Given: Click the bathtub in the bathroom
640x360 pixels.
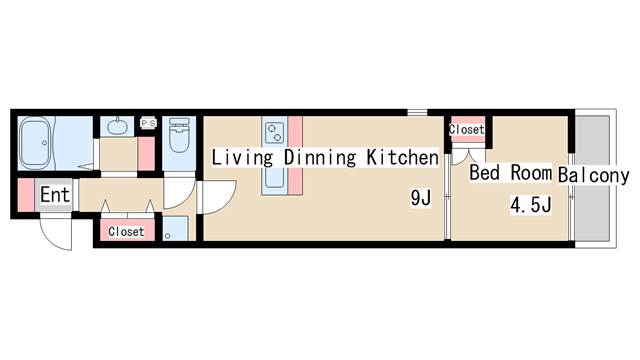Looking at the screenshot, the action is (36, 143).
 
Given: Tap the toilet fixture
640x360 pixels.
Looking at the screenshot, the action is (179, 135).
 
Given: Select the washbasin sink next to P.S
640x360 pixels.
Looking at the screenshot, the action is (117, 127).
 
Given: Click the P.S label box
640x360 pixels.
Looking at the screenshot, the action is (148, 123).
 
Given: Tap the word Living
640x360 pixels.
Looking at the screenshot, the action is (242, 158).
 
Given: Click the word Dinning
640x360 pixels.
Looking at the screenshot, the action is (320, 158).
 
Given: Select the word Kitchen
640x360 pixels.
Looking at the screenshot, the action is (402, 157).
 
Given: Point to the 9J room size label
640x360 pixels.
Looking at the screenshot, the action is (420, 198).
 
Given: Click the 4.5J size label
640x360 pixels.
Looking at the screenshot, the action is (531, 204).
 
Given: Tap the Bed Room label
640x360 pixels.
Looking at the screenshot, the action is (510, 173).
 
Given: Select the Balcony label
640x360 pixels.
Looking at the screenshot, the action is (593, 175).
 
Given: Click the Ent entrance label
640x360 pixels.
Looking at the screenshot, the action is (55, 195).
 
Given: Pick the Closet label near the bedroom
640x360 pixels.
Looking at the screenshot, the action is (467, 129).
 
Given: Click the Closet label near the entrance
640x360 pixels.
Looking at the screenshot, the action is (127, 231).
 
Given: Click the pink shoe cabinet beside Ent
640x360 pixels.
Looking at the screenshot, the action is (26, 195).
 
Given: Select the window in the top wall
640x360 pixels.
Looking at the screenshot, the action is (417, 112).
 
